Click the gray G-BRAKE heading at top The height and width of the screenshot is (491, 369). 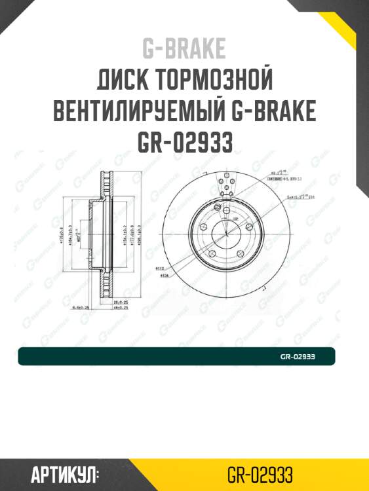(x=184, y=48)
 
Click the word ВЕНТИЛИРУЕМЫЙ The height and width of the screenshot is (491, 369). (x=139, y=112)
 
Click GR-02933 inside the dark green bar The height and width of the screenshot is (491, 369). (x=298, y=357)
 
